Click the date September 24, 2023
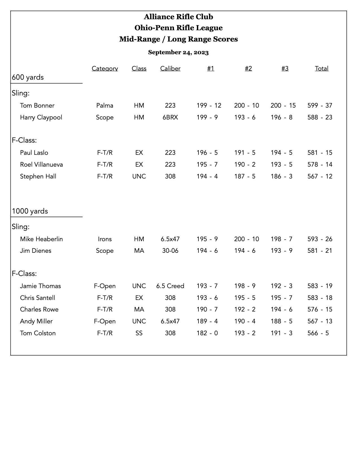[x=178, y=52]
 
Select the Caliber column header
[x=170, y=68]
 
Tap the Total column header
[x=322, y=68]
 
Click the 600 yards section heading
[x=28, y=77]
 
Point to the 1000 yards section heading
[x=30, y=211]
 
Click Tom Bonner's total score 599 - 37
[x=320, y=105]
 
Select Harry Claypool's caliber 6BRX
[x=170, y=117]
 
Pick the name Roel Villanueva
[x=42, y=164]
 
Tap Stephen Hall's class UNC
[x=139, y=176]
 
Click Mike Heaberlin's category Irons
[x=105, y=239]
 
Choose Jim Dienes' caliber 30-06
[x=170, y=251]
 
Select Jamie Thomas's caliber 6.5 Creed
[x=170, y=286]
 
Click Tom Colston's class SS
[x=139, y=333]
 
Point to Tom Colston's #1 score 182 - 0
[x=207, y=333]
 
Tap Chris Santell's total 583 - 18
[x=320, y=298]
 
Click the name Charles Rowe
[x=39, y=309]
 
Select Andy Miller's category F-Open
[x=105, y=321]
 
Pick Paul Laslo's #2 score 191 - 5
[x=245, y=153]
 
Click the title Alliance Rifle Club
[x=178, y=17]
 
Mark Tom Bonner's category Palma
[x=105, y=105]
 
